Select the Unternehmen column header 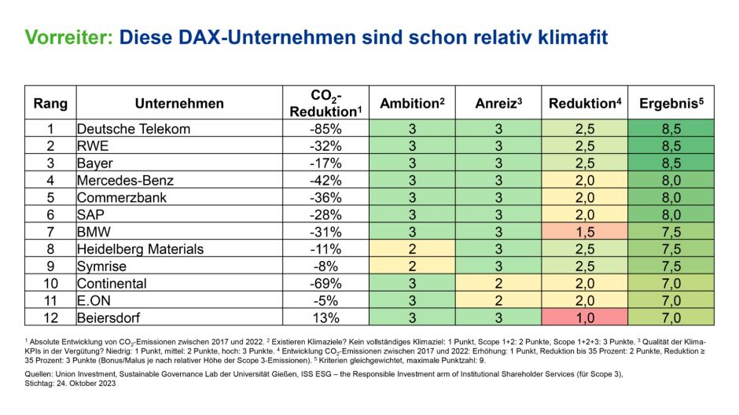pyautogui.click(x=179, y=104)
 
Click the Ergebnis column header pyautogui.click(x=671, y=104)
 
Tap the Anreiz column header pyautogui.click(x=498, y=104)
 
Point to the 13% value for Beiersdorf pyautogui.click(x=325, y=318)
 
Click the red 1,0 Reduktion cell pyautogui.click(x=584, y=318)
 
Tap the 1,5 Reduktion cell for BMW pyautogui.click(x=584, y=232)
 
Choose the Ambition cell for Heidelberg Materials pyautogui.click(x=412, y=249)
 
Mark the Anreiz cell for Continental pyautogui.click(x=498, y=283)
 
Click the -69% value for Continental pyautogui.click(x=325, y=283)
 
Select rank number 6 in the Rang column pyautogui.click(x=50, y=215)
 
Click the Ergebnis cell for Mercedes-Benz pyautogui.click(x=671, y=181)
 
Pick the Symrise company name pyautogui.click(x=101, y=266)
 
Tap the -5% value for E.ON pyautogui.click(x=325, y=300)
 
